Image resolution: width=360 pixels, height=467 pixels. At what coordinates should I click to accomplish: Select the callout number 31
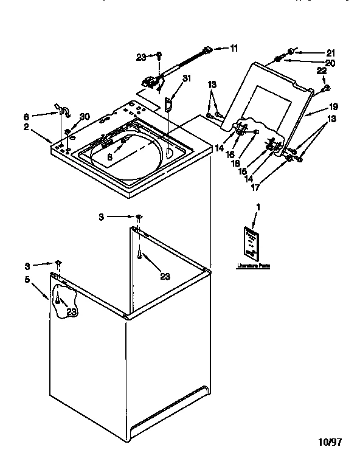pos(187,78)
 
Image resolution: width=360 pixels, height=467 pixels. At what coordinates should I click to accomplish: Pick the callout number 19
pos(333,106)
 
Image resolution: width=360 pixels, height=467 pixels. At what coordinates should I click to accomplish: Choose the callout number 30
pos(85,117)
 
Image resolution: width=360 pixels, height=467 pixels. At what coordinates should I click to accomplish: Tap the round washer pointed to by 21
pos(292,51)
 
